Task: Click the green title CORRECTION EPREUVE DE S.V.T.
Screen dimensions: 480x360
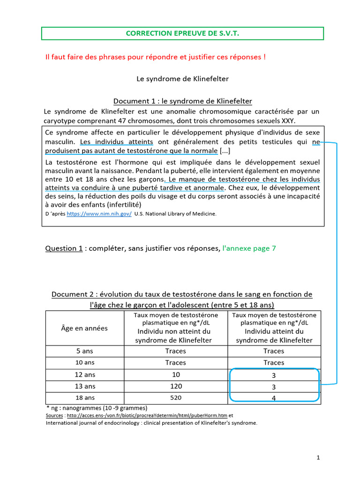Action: point(182,33)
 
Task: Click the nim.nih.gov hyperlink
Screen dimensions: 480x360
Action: point(99,214)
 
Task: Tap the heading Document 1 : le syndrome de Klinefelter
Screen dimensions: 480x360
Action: point(182,101)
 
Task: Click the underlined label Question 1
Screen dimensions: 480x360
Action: point(64,248)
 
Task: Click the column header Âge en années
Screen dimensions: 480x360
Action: point(84,328)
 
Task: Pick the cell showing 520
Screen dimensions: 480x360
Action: point(175,397)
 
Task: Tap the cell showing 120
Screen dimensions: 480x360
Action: point(175,386)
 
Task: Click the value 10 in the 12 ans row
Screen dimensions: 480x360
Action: point(175,375)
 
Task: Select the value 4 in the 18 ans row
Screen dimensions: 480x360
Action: point(274,398)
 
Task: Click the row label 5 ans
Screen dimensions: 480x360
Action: point(85,351)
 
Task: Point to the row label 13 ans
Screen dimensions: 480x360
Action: point(85,386)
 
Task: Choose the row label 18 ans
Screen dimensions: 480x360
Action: point(85,397)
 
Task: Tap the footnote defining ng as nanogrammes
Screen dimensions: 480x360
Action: point(97,408)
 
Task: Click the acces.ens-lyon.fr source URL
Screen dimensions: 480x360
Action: point(147,416)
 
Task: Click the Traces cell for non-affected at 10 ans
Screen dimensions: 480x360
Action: point(175,362)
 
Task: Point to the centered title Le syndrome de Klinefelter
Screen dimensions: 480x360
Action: point(182,79)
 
